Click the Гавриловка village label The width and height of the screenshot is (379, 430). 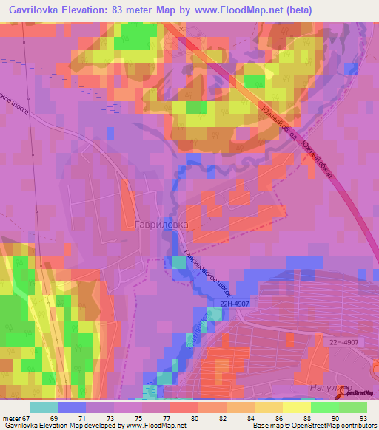click(162, 222)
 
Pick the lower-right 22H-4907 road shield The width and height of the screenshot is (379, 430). click(345, 341)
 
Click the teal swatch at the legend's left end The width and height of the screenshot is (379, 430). click(44, 407)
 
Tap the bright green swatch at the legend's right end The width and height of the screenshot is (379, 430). click(353, 407)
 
